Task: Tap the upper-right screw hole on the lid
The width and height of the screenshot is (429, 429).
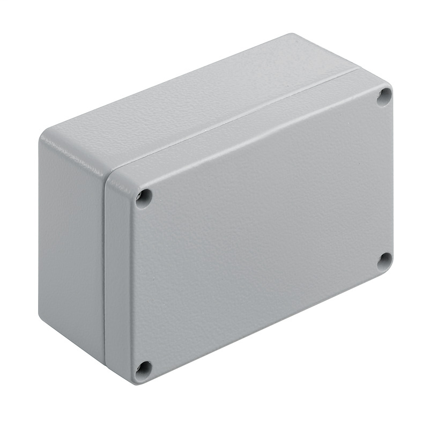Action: pos(384,97)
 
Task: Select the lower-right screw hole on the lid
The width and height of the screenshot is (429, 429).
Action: pos(384,261)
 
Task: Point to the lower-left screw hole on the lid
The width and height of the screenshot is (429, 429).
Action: pos(143,368)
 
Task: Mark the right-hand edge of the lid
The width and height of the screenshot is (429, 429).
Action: pos(392,182)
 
